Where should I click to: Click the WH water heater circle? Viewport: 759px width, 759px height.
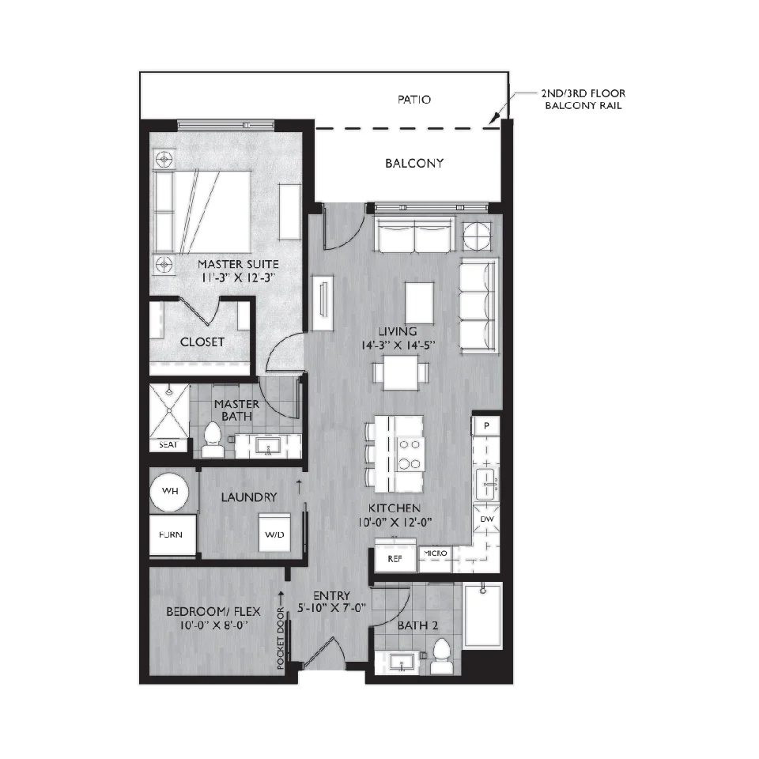169,491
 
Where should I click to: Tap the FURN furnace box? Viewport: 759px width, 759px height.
172,535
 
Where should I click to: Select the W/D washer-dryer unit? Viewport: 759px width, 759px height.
274,532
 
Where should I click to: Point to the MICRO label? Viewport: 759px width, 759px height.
435,553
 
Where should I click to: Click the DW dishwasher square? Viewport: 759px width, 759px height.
486,519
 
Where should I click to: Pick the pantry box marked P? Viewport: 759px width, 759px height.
486,425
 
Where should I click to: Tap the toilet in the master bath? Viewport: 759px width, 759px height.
212,439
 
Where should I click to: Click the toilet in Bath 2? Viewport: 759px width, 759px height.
441,656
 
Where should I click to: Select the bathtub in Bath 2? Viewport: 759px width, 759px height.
482,616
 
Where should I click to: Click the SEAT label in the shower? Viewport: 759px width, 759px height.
168,445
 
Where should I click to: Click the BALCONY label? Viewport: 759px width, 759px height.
414,163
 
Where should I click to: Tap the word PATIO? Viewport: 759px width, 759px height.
414,100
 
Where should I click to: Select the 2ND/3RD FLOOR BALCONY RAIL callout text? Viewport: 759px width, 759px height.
583,100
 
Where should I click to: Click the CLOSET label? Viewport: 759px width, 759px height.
202,342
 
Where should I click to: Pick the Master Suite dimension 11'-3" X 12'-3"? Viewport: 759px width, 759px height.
238,278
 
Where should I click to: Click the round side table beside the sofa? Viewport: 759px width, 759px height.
477,236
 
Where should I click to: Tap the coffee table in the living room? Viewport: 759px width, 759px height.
419,303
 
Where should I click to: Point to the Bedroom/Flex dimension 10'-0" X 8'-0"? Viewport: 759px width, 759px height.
213,625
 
